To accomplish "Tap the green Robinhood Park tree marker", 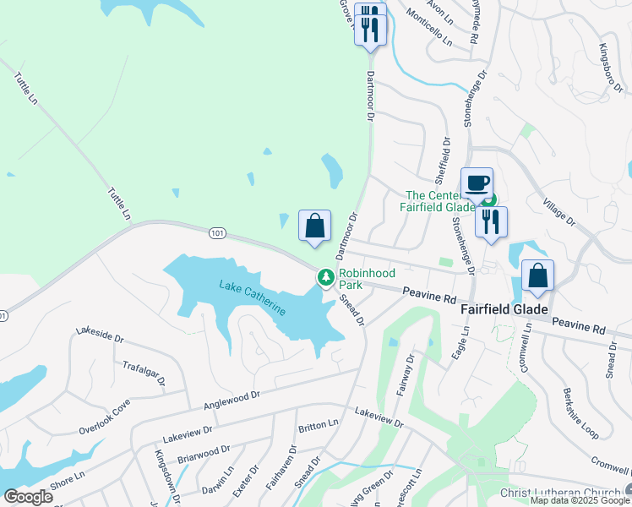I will [324, 276].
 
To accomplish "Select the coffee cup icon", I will [477, 183].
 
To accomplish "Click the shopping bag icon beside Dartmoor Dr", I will [314, 226].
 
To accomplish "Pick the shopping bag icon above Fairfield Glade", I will [537, 276].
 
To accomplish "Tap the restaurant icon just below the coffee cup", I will [491, 221].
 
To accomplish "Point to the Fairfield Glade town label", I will [504, 310].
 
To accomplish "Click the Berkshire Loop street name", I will [580, 414].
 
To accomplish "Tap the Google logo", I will [28, 496].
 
